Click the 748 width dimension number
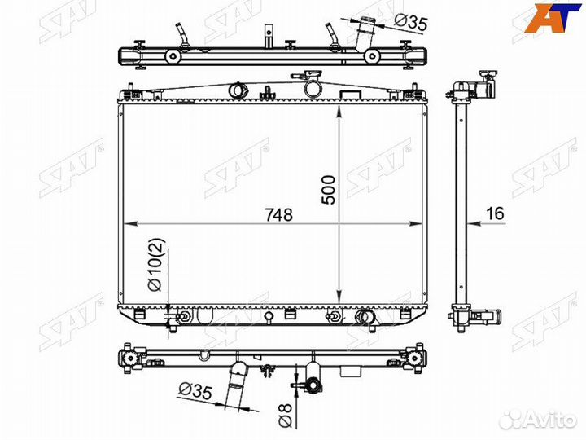click(x=279, y=215)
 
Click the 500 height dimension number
click(x=329, y=190)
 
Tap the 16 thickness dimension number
click(x=495, y=213)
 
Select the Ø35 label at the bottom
click(x=195, y=390)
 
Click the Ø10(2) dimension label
click(x=156, y=265)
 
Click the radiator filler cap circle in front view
click(x=313, y=88)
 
